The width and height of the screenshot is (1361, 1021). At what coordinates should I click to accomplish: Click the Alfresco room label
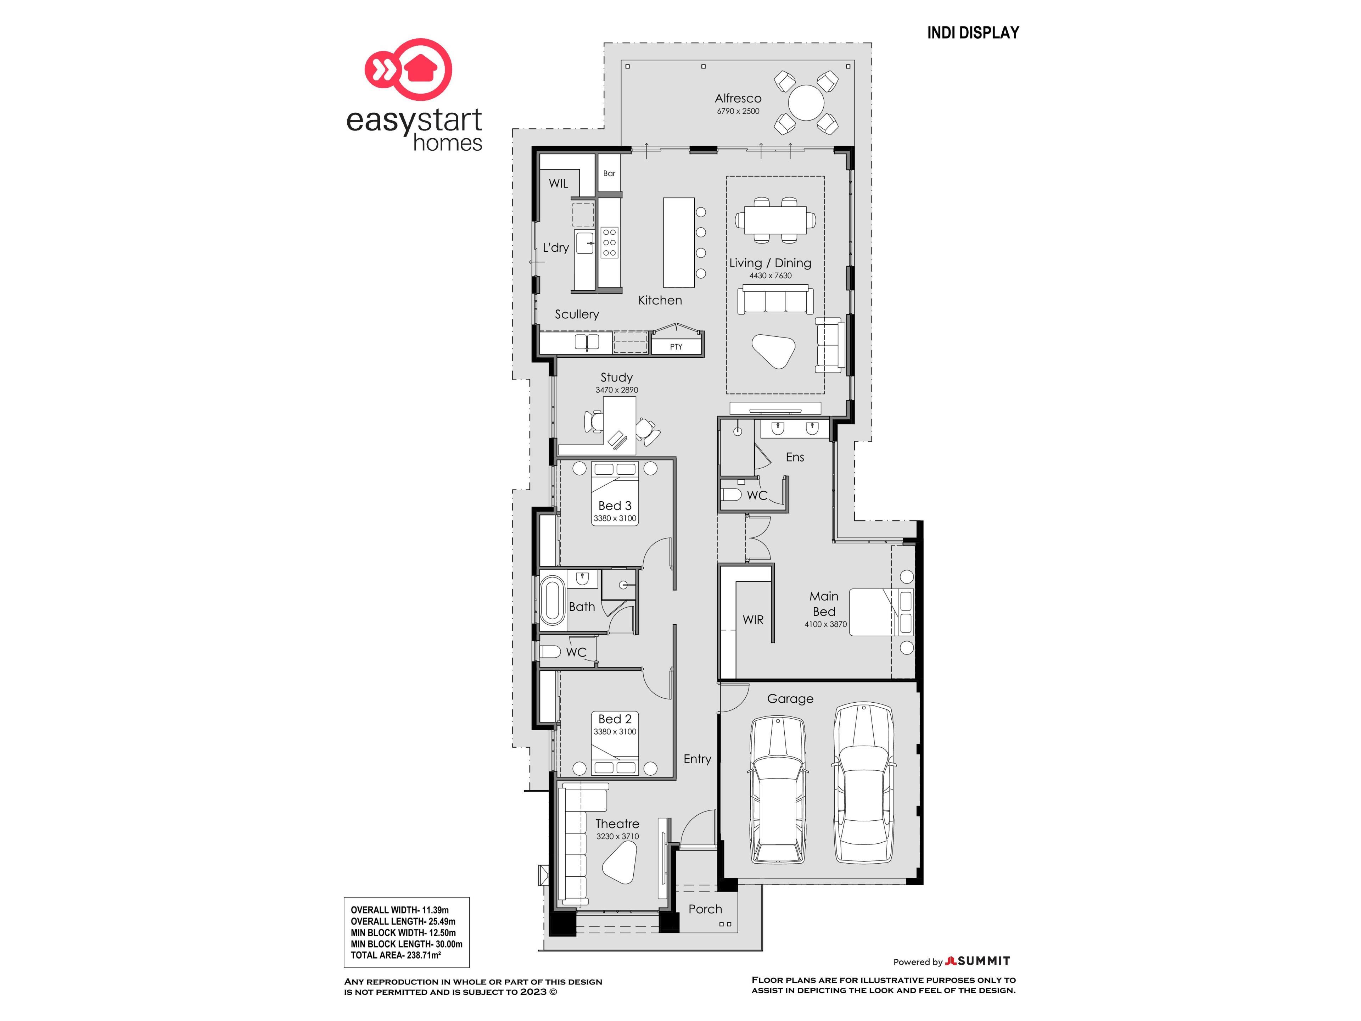point(738,99)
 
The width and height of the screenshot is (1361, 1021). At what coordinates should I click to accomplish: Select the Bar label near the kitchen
point(609,174)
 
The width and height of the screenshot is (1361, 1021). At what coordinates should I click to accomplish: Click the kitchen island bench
point(679,242)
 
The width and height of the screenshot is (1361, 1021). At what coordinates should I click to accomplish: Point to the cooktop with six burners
point(609,242)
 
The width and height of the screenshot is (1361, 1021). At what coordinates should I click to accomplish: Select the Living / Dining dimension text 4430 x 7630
point(770,276)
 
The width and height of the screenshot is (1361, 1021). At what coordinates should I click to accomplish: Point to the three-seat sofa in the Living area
point(775,300)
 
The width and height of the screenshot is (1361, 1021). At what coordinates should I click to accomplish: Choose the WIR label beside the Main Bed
point(753,620)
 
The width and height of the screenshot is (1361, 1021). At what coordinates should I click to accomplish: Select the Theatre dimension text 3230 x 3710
point(617,836)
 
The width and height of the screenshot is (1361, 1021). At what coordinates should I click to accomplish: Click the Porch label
point(705,909)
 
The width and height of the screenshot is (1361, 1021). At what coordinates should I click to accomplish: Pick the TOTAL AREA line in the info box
point(396,955)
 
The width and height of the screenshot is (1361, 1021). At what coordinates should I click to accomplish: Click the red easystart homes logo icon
point(409,69)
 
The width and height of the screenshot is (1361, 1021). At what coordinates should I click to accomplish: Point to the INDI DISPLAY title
point(973,33)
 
